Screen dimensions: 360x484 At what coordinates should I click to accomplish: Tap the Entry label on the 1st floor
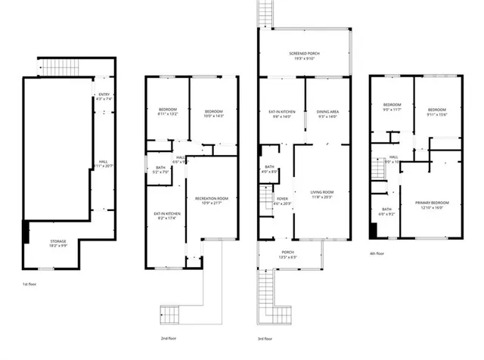coord(104,95)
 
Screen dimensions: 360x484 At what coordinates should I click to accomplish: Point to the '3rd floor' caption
coord(268,338)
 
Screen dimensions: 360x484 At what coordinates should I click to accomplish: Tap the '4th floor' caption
coord(376,253)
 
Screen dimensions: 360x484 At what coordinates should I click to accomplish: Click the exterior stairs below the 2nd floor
coord(169,312)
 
